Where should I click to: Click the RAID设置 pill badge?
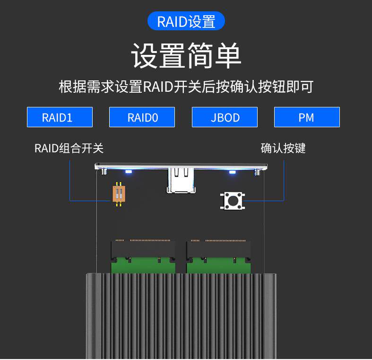pyautogui.click(x=186, y=22)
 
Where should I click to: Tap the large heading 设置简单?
pyautogui.click(x=186, y=56)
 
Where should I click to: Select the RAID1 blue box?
pyautogui.click(x=60, y=117)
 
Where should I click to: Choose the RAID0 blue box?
pyautogui.click(x=142, y=117)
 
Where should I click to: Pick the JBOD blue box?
pyautogui.click(x=225, y=117)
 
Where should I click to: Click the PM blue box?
pyautogui.click(x=307, y=117)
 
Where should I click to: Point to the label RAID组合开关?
pyautogui.click(x=69, y=148)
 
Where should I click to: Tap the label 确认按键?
pyautogui.click(x=283, y=148)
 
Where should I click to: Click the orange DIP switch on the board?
pyautogui.click(x=119, y=194)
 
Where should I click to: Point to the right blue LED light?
pyautogui.click(x=232, y=172)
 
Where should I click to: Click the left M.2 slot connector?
pyautogui.click(x=143, y=249)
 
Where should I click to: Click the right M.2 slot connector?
pyautogui.click(x=218, y=249)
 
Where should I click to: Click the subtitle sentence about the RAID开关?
pyautogui.click(x=186, y=87)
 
